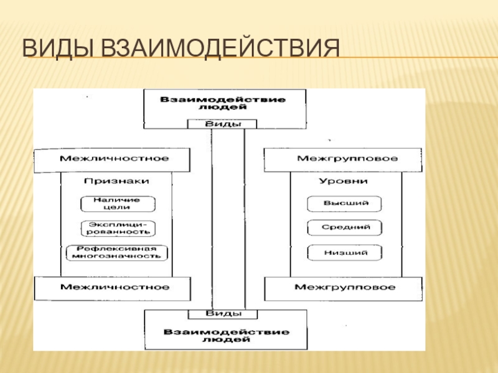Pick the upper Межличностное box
pyautogui.click(x=113, y=159)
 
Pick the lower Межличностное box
pyautogui.click(x=113, y=287)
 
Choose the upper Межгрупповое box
pyautogui.click(x=346, y=159)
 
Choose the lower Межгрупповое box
pyautogui.click(x=346, y=287)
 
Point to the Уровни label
pyautogui.click(x=343, y=180)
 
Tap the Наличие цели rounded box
pyautogui.click(x=118, y=204)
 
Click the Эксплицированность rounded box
pyautogui.click(x=118, y=228)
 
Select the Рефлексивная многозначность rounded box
pyautogui.click(x=118, y=252)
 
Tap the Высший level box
pyautogui.click(x=345, y=204)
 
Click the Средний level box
pyautogui.click(x=345, y=228)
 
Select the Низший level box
pyautogui.click(x=345, y=252)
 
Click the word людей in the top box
pyautogui.click(x=225, y=108)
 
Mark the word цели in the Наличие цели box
pyautogui.click(x=118, y=208)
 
